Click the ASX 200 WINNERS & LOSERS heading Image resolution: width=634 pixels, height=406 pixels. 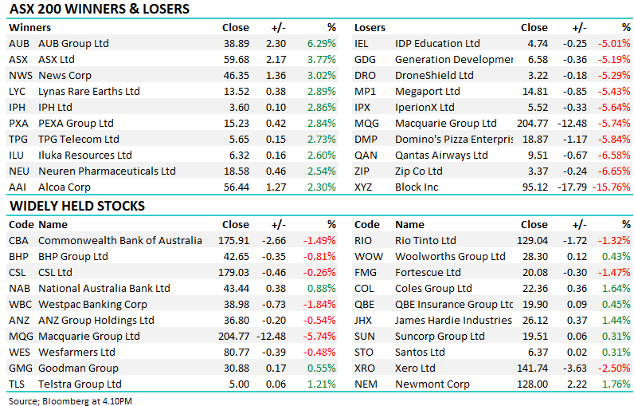coord(99,10)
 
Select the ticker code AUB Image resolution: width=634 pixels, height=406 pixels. coord(20,43)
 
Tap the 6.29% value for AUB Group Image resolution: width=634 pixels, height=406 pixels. coord(322,43)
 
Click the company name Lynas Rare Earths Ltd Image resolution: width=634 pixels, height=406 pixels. coord(89,91)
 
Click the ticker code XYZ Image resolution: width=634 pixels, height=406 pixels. coord(365,187)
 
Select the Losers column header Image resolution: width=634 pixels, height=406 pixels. coord(370,27)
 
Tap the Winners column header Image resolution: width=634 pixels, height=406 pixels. coord(29,27)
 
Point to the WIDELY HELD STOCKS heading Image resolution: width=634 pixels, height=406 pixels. coord(77,207)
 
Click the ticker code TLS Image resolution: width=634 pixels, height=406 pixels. coord(18,384)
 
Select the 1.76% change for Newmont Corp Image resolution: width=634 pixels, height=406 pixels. coord(616,384)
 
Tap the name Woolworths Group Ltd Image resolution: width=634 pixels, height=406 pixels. coord(450,256)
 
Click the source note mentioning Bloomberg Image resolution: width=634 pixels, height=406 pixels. coord(71,400)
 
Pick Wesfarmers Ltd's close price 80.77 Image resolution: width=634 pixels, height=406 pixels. coord(235,352)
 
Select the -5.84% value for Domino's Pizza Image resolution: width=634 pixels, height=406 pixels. coord(614,139)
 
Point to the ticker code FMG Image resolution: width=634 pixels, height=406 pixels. coord(366,272)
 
